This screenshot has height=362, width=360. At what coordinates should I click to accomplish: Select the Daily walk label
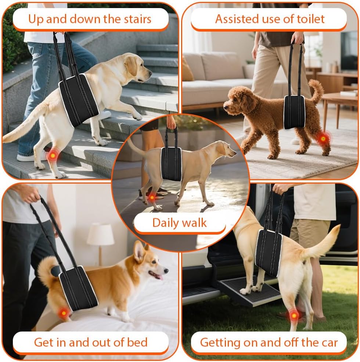(180, 223)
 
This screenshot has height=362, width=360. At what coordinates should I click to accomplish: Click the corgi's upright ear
(139, 251)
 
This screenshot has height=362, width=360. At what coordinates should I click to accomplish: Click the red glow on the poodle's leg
(323, 139)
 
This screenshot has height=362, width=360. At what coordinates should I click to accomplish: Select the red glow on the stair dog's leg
(53, 155)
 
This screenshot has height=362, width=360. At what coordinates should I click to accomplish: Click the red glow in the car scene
(294, 315)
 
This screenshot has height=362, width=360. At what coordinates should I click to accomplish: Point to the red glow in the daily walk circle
(152, 198)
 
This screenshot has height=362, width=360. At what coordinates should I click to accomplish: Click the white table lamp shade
(101, 234)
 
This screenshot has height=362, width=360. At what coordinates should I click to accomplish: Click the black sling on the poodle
(294, 112)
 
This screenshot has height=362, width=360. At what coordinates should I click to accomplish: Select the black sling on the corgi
(78, 288)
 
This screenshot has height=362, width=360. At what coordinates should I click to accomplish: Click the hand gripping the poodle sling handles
(298, 38)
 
